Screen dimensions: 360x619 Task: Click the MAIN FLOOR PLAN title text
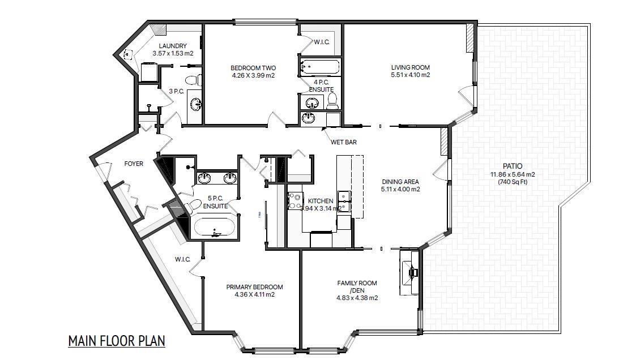[116, 341]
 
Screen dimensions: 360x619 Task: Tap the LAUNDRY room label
[173, 46]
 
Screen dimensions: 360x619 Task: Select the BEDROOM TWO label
[253, 67]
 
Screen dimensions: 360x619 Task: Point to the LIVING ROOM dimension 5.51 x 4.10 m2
[411, 75]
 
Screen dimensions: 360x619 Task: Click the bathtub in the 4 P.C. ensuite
[319, 67]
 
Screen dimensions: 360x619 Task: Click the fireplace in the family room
[410, 272]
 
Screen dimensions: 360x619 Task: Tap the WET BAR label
[344, 142]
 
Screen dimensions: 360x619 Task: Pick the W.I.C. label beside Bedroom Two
[322, 41]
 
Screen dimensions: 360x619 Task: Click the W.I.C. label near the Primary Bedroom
[182, 260]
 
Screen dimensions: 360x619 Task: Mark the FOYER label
[134, 164]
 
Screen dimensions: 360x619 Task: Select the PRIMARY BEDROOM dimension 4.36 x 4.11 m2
[254, 294]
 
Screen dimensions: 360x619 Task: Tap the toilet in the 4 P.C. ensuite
[333, 101]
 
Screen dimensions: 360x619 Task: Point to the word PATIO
[512, 166]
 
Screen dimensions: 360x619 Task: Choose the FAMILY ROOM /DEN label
[357, 286]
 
